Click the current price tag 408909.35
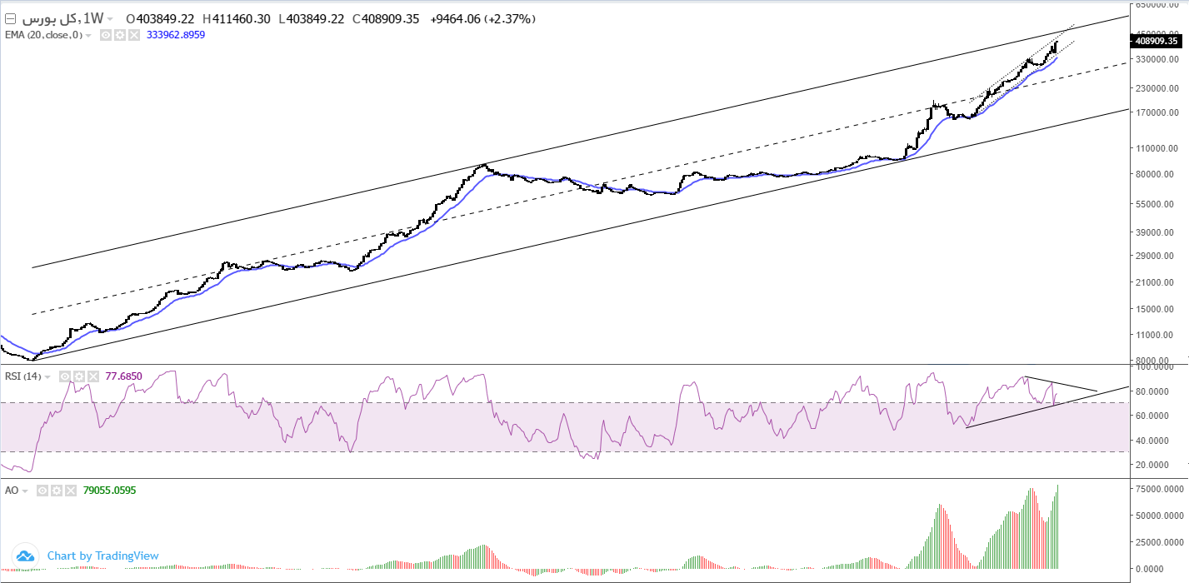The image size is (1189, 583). pos(1156,40)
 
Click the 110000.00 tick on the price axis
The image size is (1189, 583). pos(1157,148)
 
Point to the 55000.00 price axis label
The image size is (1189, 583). pos(1157,204)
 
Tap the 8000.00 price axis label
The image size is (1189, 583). pos(1157,361)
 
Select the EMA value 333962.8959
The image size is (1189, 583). pos(176,35)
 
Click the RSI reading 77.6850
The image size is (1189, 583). pos(123,376)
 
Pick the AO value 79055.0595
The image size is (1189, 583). pos(109,491)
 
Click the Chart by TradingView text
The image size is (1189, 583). pos(102,556)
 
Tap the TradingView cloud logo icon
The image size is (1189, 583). pos(25,556)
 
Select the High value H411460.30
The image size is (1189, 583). pos(237,18)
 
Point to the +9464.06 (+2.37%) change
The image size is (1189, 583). pos(483,18)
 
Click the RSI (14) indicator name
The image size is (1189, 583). pos(23,376)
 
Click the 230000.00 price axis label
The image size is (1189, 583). pos(1157,88)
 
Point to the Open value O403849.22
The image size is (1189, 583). pos(160,18)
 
